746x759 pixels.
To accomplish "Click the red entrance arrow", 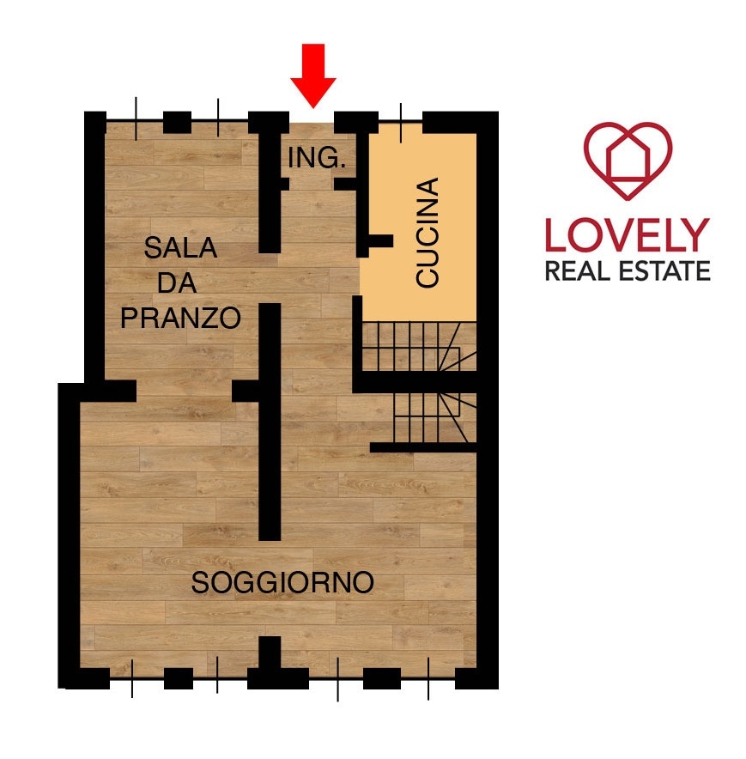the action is coord(312,75).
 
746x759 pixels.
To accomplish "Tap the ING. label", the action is coord(317,158).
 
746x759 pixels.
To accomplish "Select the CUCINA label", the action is coord(428,233).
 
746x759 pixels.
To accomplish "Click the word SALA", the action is coord(180,248).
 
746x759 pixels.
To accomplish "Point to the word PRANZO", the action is coord(180,318).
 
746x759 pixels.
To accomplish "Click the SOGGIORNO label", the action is coord(282,582).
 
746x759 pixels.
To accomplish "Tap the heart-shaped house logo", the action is coord(628,161).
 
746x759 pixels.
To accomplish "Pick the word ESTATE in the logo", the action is coord(665,271).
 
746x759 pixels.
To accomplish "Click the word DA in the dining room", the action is coord(177,283).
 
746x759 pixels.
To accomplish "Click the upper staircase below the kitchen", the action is coord(419,347).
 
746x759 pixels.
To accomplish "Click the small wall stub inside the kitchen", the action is coord(381,240).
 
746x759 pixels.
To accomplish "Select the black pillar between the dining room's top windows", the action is coord(177,123).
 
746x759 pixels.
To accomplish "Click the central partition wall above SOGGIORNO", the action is coord(270,422).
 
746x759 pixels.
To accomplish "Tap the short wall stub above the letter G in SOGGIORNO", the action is coord(270,653).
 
